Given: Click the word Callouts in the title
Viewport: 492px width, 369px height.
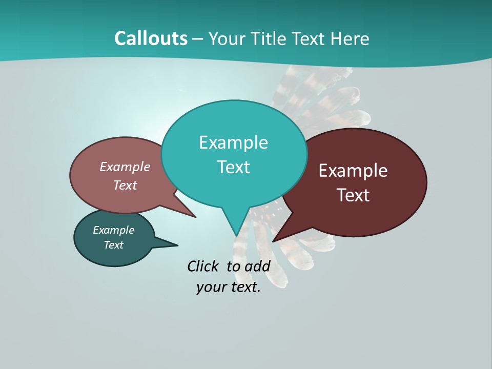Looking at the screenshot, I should click(151, 38).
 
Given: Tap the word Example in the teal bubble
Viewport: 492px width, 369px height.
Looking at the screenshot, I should click(233, 142).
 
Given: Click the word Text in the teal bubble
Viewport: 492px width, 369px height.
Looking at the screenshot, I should click(233, 167).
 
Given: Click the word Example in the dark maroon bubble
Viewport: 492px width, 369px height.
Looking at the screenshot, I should click(353, 171).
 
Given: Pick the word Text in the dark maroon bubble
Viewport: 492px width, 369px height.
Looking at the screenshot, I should click(353, 195).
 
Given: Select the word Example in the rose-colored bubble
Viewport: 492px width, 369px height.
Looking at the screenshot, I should click(125, 167).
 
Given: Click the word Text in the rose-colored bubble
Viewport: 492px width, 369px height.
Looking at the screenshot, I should click(125, 186).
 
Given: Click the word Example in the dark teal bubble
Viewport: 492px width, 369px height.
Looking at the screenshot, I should click(113, 230).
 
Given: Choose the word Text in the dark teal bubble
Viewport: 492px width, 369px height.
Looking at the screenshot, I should click(113, 245).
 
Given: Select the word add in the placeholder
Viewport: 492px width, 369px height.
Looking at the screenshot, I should click(257, 266).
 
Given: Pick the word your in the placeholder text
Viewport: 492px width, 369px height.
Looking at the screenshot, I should click(211, 287).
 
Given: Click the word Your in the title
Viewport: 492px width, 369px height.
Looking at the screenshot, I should click(227, 38).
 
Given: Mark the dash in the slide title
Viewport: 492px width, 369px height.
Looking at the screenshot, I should click(198, 39).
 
